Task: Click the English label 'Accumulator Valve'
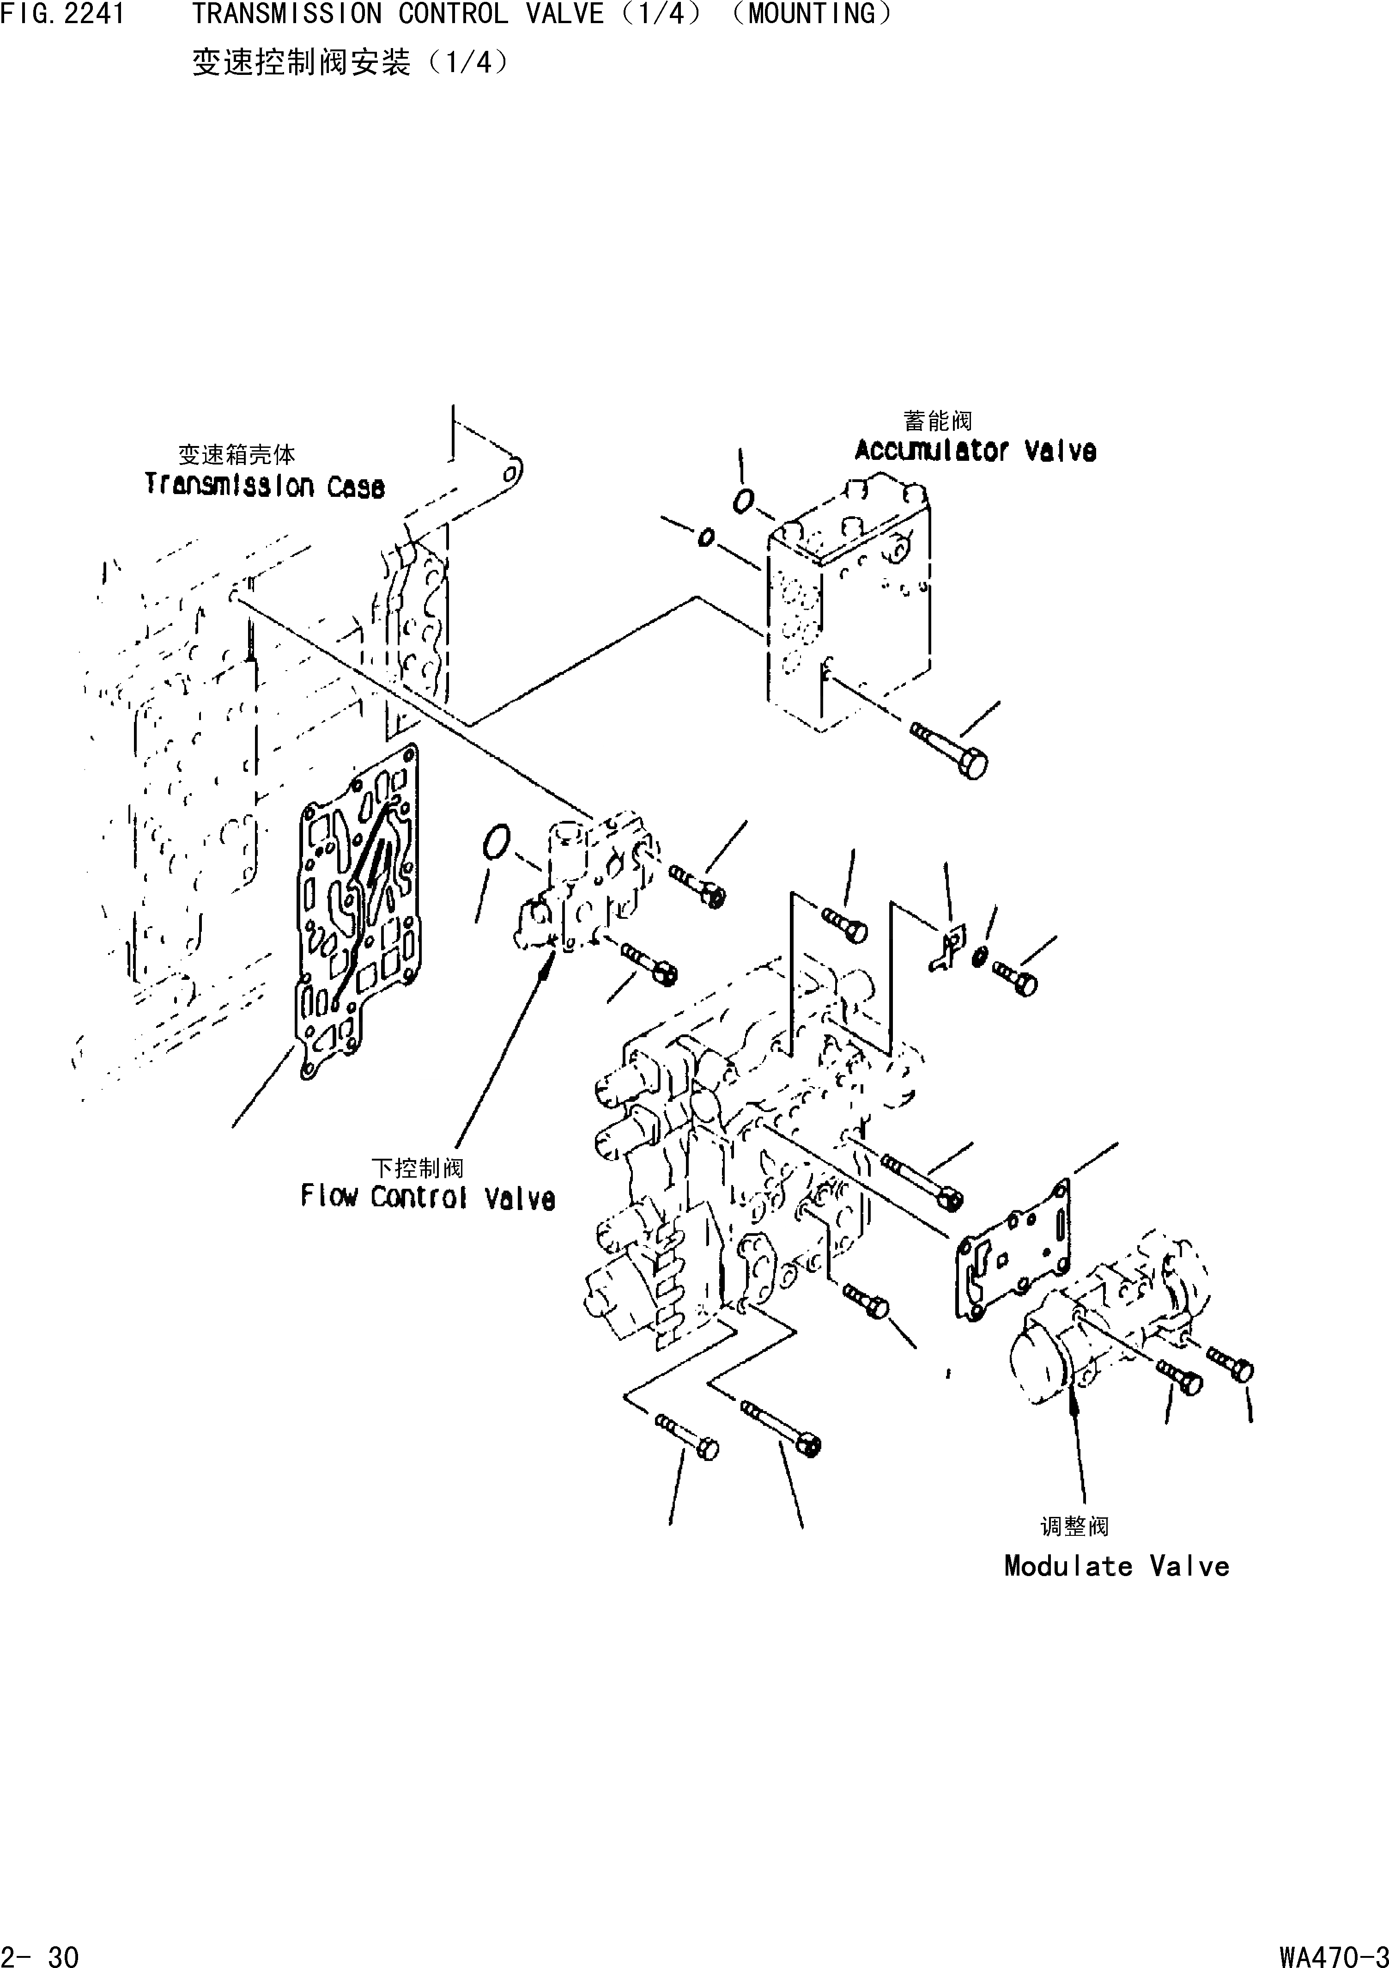[975, 451]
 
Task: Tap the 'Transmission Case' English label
[264, 486]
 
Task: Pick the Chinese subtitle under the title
[350, 62]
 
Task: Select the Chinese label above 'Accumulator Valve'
[937, 421]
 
